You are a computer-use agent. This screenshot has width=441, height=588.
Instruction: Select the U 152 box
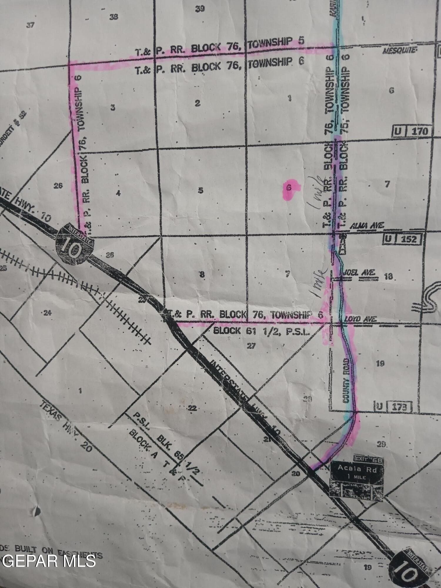tap(403, 239)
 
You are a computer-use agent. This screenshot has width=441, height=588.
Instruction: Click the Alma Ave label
tap(366, 226)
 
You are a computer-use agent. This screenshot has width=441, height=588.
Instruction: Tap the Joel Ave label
tap(359, 273)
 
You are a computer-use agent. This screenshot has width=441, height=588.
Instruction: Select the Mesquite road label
tap(399, 51)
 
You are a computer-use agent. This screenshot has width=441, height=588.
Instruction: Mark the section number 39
tap(200, 9)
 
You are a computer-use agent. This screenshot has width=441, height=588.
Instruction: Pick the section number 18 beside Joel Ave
tap(388, 276)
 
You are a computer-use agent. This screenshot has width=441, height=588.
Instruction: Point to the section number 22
tap(192, 408)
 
